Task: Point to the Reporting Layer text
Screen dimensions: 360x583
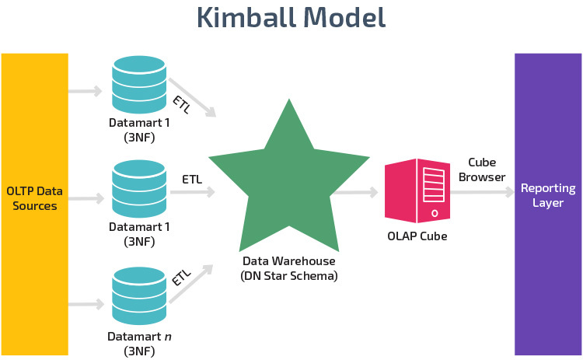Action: click(548, 195)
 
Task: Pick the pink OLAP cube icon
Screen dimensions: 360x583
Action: click(417, 190)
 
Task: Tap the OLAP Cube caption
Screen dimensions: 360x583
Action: click(417, 236)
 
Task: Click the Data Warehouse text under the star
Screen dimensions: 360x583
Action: click(289, 262)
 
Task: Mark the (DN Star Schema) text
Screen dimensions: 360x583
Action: click(289, 276)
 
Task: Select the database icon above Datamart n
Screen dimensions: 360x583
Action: click(139, 296)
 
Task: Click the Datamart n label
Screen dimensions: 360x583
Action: click(139, 337)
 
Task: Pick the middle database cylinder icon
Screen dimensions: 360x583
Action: click(139, 189)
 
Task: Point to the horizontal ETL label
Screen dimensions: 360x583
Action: click(192, 180)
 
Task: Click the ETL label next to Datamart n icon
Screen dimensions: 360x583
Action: click(181, 277)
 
